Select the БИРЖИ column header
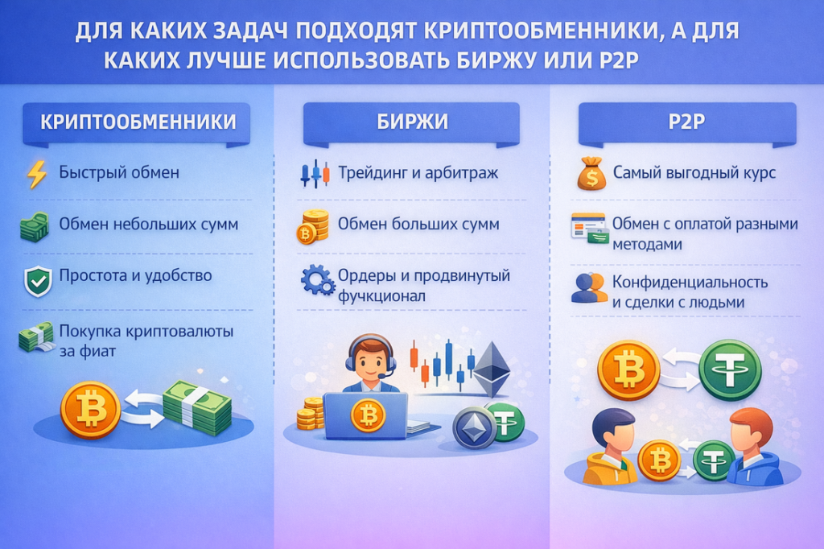coord(411,122)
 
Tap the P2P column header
coord(687,122)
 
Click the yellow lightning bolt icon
coord(37,174)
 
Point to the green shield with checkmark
coord(38,281)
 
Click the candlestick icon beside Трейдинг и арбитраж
coord(315,174)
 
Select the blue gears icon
coord(318,280)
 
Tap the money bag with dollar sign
coord(591,174)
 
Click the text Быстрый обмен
coord(119,172)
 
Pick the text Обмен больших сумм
coord(418,224)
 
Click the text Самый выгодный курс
coord(694,172)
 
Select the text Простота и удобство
coord(135,275)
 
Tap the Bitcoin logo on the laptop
coord(368,415)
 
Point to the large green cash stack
coord(197,407)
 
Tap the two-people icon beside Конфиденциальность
coord(589,288)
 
